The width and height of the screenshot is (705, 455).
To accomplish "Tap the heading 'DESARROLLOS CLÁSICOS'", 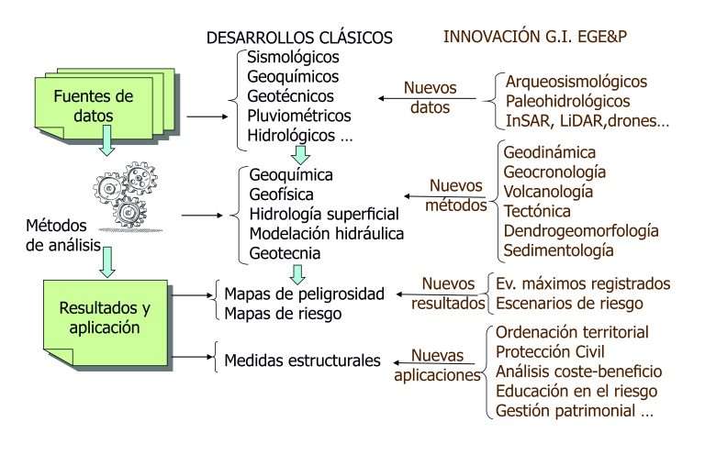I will pos(300,38).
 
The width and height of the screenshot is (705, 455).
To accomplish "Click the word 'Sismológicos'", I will pos(293,57).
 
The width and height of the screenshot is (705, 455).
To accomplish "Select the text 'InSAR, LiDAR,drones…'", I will pos(587,120).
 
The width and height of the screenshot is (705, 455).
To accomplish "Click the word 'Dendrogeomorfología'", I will pos(580,230).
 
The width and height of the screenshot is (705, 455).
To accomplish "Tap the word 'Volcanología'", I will pos(547,191).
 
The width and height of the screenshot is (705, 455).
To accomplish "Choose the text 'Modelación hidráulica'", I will pos(327,232).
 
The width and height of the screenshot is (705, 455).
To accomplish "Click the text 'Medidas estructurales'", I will pos(302,361).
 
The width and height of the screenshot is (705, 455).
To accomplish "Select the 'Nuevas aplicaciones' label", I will pos(437,364).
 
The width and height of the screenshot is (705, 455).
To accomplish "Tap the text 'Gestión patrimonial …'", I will pos(574,411).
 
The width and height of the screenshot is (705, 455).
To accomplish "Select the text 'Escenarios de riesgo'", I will pos(569,304).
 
